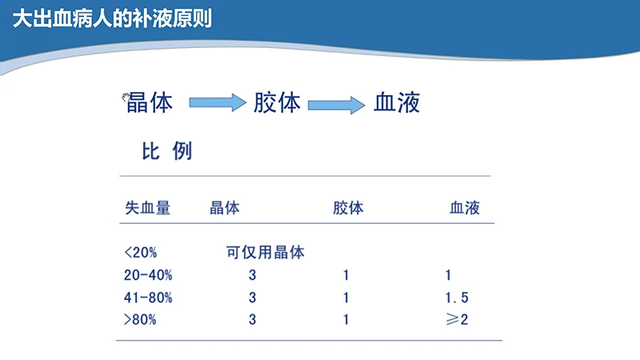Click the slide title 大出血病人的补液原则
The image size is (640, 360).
[112, 17]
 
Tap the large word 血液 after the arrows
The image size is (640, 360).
[397, 103]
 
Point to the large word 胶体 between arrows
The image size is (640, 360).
[277, 103]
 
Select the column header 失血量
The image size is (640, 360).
[147, 208]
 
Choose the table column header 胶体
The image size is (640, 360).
[347, 208]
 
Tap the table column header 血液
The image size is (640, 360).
[464, 208]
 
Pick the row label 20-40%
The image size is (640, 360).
[149, 275]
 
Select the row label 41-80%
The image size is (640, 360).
[149, 298]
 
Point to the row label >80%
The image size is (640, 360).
[141, 320]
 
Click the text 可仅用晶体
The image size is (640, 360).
[265, 253]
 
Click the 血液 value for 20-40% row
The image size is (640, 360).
[449, 275]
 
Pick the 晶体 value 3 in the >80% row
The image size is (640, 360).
[252, 320]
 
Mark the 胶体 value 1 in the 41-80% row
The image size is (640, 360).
[346, 298]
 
